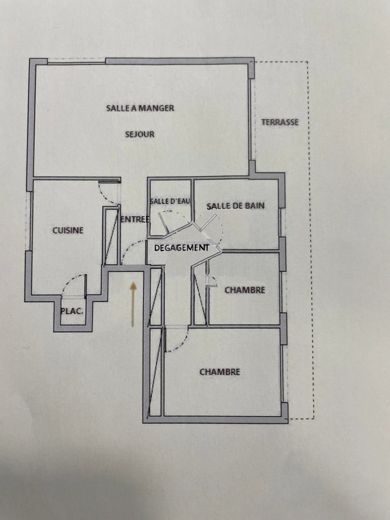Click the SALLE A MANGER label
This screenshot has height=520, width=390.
click(140, 108)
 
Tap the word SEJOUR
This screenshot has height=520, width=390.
click(140, 135)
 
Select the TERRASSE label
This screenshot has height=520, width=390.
click(280, 122)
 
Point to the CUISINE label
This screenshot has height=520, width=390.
click(68, 230)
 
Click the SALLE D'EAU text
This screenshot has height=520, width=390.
click(170, 201)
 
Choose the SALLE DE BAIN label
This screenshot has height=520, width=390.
click(235, 205)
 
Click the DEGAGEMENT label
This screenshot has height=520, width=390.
click(182, 248)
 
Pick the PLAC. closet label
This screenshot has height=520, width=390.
click(72, 311)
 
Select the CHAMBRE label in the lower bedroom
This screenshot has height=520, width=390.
click(220, 372)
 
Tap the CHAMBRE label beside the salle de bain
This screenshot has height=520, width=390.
click(245, 290)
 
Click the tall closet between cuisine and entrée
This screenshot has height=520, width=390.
click(111, 236)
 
